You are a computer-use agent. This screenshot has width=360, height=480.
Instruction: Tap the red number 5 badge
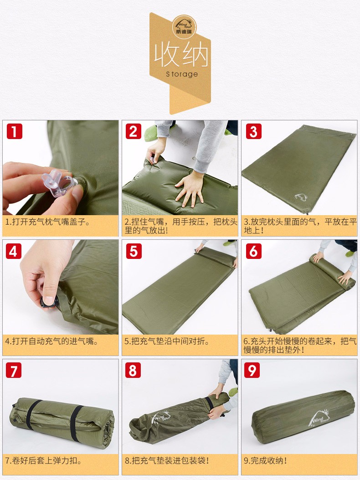tap(134, 251)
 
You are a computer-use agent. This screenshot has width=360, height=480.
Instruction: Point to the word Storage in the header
tap(182, 74)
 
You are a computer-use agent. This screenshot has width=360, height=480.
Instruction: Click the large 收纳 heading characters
tap(181, 55)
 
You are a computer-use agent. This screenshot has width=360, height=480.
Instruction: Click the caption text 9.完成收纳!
tap(265, 460)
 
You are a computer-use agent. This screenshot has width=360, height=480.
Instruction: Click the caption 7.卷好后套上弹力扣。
tap(43, 460)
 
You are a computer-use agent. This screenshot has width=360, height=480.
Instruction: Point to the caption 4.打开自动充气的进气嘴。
tap(52, 341)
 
